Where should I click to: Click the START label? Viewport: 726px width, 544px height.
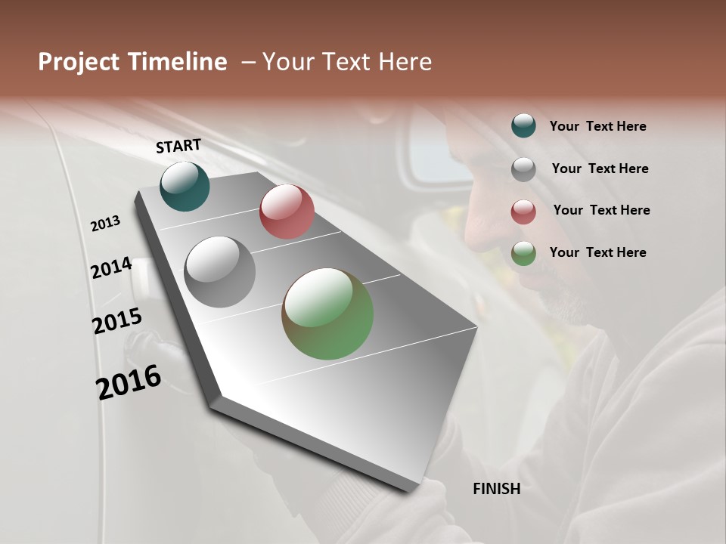pyautogui.click(x=178, y=146)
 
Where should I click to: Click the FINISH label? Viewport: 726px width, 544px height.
pyautogui.click(x=496, y=489)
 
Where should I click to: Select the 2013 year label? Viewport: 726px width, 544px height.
pyautogui.click(x=106, y=224)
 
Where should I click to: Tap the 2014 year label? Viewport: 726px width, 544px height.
pyautogui.click(x=111, y=268)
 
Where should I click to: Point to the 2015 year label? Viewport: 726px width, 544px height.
pyautogui.click(x=116, y=321)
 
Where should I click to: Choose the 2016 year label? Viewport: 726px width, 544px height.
pyautogui.click(x=129, y=382)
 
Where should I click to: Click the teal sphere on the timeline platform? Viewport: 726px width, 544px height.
pyautogui.click(x=185, y=186)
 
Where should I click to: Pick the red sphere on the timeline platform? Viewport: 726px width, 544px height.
pyautogui.click(x=287, y=212)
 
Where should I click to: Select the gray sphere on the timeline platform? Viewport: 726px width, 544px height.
pyautogui.click(x=220, y=272)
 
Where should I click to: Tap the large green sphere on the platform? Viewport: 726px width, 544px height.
pyautogui.click(x=327, y=314)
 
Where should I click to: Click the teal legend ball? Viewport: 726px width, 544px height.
pyautogui.click(x=523, y=126)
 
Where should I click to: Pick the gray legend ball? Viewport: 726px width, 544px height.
pyautogui.click(x=523, y=169)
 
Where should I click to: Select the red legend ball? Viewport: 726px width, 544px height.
pyautogui.click(x=523, y=212)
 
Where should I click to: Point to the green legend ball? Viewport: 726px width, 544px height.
pyautogui.click(x=523, y=253)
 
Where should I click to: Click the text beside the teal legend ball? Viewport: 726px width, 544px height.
pyautogui.click(x=597, y=127)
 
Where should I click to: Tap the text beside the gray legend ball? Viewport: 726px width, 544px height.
pyautogui.click(x=600, y=168)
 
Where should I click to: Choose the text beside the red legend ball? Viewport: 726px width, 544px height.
pyautogui.click(x=601, y=210)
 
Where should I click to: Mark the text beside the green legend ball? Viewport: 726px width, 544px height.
pyautogui.click(x=597, y=252)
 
